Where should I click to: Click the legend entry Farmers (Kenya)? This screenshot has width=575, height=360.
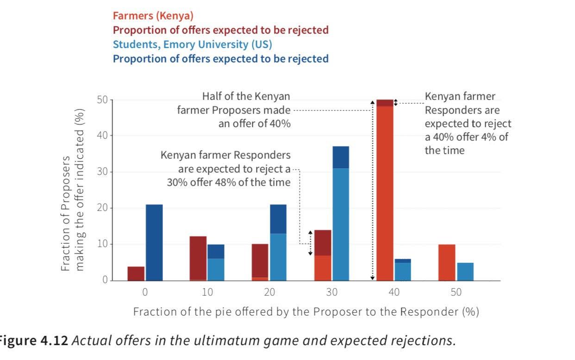click(153, 16)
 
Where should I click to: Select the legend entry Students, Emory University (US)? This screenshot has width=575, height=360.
click(192, 44)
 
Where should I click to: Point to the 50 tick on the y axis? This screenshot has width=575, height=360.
click(102, 100)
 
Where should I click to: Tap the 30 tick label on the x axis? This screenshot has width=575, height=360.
click(331, 292)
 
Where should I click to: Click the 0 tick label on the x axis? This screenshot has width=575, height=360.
click(145, 292)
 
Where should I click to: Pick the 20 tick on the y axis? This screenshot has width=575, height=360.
click(102, 208)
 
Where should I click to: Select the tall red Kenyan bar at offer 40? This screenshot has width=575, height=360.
click(385, 190)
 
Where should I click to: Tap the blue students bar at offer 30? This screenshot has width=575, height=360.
click(340, 217)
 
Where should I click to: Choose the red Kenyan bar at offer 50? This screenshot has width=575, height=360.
click(447, 262)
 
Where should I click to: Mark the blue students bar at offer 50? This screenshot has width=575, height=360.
click(465, 271)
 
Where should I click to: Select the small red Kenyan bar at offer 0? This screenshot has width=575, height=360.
click(136, 273)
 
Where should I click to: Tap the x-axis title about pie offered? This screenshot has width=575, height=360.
click(306, 311)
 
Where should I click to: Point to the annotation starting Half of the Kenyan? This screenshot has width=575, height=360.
click(234, 110)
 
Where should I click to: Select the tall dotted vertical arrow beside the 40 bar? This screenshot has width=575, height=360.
click(372, 190)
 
